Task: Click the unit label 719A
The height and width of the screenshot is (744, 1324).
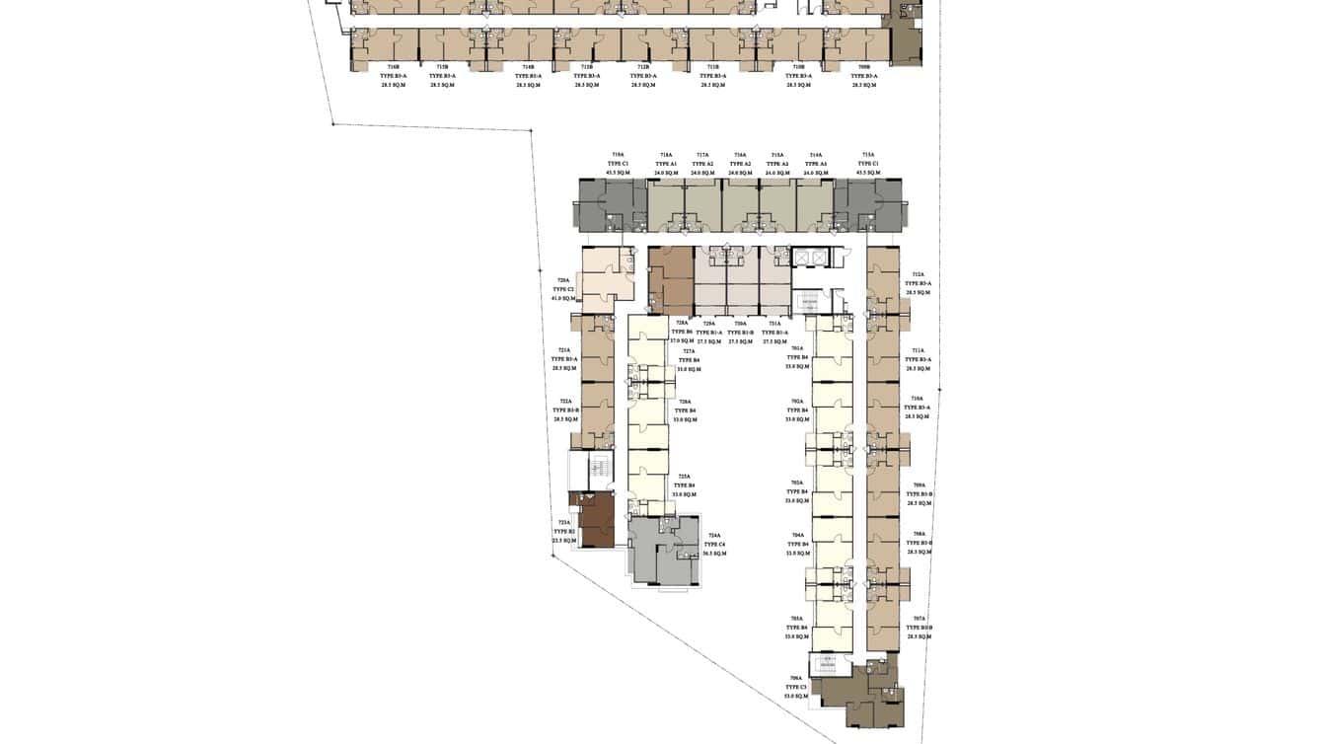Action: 618,155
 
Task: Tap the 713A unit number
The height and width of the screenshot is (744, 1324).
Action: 868,155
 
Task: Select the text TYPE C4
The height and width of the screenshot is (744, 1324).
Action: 715,545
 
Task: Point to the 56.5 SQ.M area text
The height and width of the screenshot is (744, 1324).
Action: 715,554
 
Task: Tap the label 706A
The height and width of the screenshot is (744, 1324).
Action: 796,678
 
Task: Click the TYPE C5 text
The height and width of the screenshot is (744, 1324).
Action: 796,687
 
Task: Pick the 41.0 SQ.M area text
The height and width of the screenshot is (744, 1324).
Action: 563,298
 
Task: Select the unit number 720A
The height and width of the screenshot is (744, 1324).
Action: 563,280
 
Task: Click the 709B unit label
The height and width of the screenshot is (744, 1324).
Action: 864,67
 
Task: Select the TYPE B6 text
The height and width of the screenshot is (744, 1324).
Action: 682,333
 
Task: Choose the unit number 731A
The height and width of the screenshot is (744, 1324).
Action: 773,324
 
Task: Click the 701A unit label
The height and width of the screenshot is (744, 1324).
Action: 797,348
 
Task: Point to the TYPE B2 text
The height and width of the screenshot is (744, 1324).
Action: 564,532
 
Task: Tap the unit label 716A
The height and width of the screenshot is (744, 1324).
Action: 740,155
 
